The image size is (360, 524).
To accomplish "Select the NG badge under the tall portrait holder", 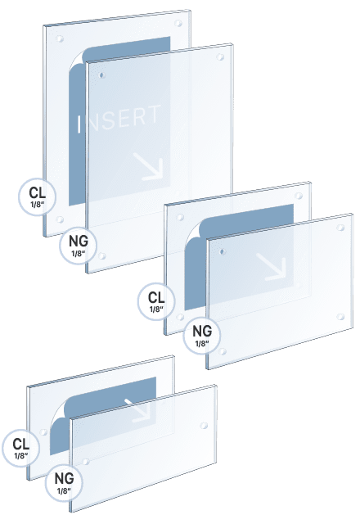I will coord(79,245).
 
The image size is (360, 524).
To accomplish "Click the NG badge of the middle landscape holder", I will coord(201,336).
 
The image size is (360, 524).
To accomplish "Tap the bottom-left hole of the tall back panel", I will coord(63,219).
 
